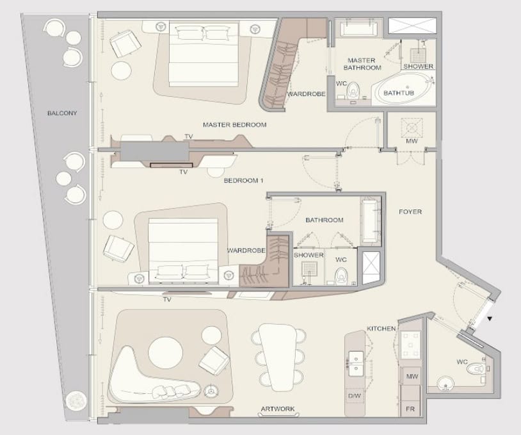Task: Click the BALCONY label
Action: click(62, 113)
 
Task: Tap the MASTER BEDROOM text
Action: click(235, 125)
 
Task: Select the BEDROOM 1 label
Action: click(244, 181)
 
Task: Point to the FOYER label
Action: click(410, 211)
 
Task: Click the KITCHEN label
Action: click(381, 329)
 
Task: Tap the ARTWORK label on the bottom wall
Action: click(278, 409)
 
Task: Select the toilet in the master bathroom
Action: click(353, 90)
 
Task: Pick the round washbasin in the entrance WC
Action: click(445, 384)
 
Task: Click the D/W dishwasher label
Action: click(354, 396)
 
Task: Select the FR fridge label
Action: click(410, 409)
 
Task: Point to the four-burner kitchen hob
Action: click(410, 345)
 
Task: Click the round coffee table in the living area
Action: click(166, 353)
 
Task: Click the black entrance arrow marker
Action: click(490, 318)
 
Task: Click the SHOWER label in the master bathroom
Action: click(419, 66)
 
